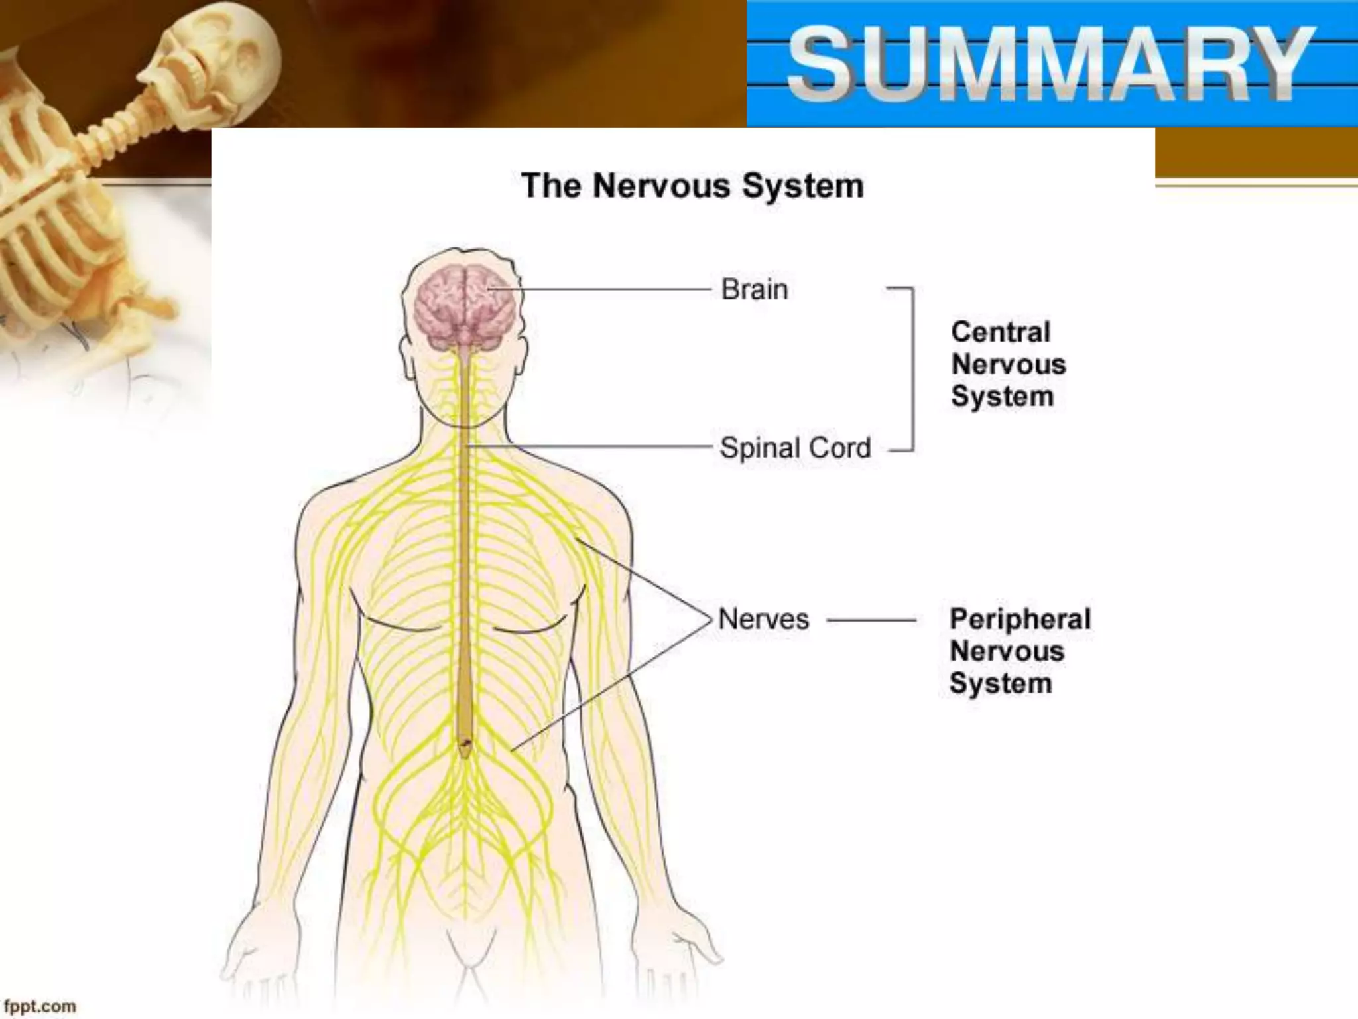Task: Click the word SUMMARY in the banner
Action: [1051, 65]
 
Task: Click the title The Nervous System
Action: [692, 186]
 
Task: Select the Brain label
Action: [755, 289]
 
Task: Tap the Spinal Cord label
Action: [795, 448]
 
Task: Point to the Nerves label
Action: [763, 619]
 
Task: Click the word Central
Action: [1001, 332]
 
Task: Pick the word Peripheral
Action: [1020, 619]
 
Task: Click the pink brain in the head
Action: [465, 305]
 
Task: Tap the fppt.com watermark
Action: [40, 1006]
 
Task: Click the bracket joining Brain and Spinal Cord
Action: [913, 369]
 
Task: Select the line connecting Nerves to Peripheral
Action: [872, 620]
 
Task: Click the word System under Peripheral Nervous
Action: [1001, 683]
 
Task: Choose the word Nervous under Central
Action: [1009, 364]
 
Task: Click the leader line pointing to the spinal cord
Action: [597, 447]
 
